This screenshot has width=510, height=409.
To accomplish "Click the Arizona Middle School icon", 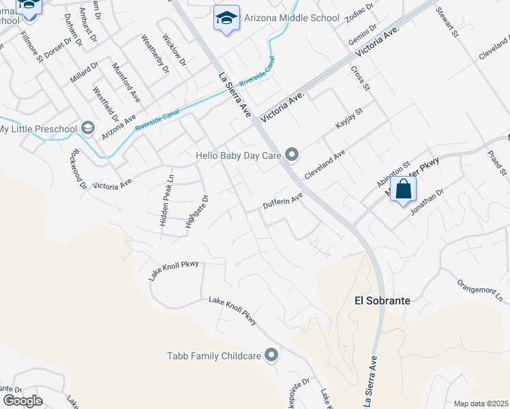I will [226, 18].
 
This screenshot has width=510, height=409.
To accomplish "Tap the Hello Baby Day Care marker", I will [292, 155].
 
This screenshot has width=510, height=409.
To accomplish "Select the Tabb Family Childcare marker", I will [271, 354].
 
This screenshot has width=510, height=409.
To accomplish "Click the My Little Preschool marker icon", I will [87, 128].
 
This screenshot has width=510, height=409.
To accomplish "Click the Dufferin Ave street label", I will [282, 202].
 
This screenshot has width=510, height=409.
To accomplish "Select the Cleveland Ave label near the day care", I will [325, 166].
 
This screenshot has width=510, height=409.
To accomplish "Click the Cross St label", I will [359, 78].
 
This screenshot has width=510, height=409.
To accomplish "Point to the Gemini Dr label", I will [361, 33].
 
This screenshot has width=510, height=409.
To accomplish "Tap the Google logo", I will [22, 401].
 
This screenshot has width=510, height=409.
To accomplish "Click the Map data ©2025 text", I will [480, 404].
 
